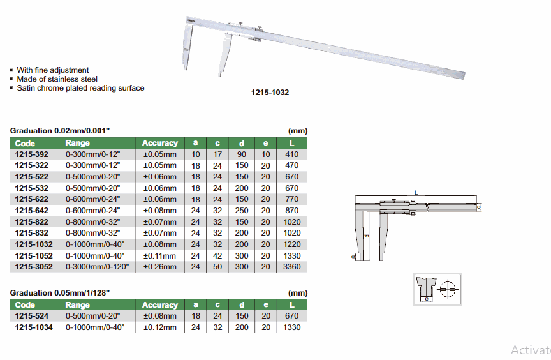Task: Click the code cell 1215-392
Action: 32,154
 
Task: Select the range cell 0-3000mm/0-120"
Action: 97,267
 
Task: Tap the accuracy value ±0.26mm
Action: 160,267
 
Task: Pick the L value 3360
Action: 292,267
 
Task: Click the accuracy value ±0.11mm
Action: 160,255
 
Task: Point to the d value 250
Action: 242,211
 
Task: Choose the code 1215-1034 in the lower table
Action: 34,327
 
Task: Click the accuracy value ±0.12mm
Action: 160,327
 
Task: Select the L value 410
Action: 292,154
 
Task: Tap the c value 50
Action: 217,267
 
